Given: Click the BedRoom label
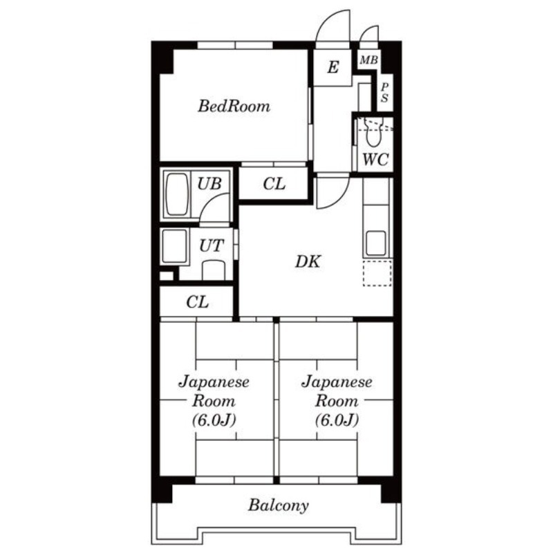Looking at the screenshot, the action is click(x=234, y=106).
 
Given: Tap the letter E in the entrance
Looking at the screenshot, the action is click(x=333, y=67).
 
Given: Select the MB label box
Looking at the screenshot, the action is click(x=368, y=60).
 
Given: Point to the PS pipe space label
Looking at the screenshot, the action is click(x=385, y=93).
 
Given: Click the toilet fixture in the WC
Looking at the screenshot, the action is click(x=373, y=132).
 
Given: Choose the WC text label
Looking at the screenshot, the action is click(x=375, y=160).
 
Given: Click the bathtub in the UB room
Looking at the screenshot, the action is click(x=177, y=194).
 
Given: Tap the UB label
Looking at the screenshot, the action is click(x=209, y=183).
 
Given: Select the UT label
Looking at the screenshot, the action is click(x=212, y=245).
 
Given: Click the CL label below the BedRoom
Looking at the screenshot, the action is click(x=274, y=184).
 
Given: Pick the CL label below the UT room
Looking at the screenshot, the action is click(x=197, y=302).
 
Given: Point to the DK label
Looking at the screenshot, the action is click(x=308, y=262).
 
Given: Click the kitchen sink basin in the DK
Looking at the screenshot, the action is click(x=376, y=243).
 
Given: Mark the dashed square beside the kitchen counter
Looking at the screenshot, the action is click(x=377, y=273).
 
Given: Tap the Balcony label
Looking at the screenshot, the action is click(x=279, y=505).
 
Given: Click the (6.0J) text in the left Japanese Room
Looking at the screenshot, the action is click(x=214, y=420).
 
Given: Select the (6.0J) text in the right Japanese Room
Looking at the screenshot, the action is click(x=337, y=420).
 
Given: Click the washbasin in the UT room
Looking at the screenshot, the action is click(x=214, y=270).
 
